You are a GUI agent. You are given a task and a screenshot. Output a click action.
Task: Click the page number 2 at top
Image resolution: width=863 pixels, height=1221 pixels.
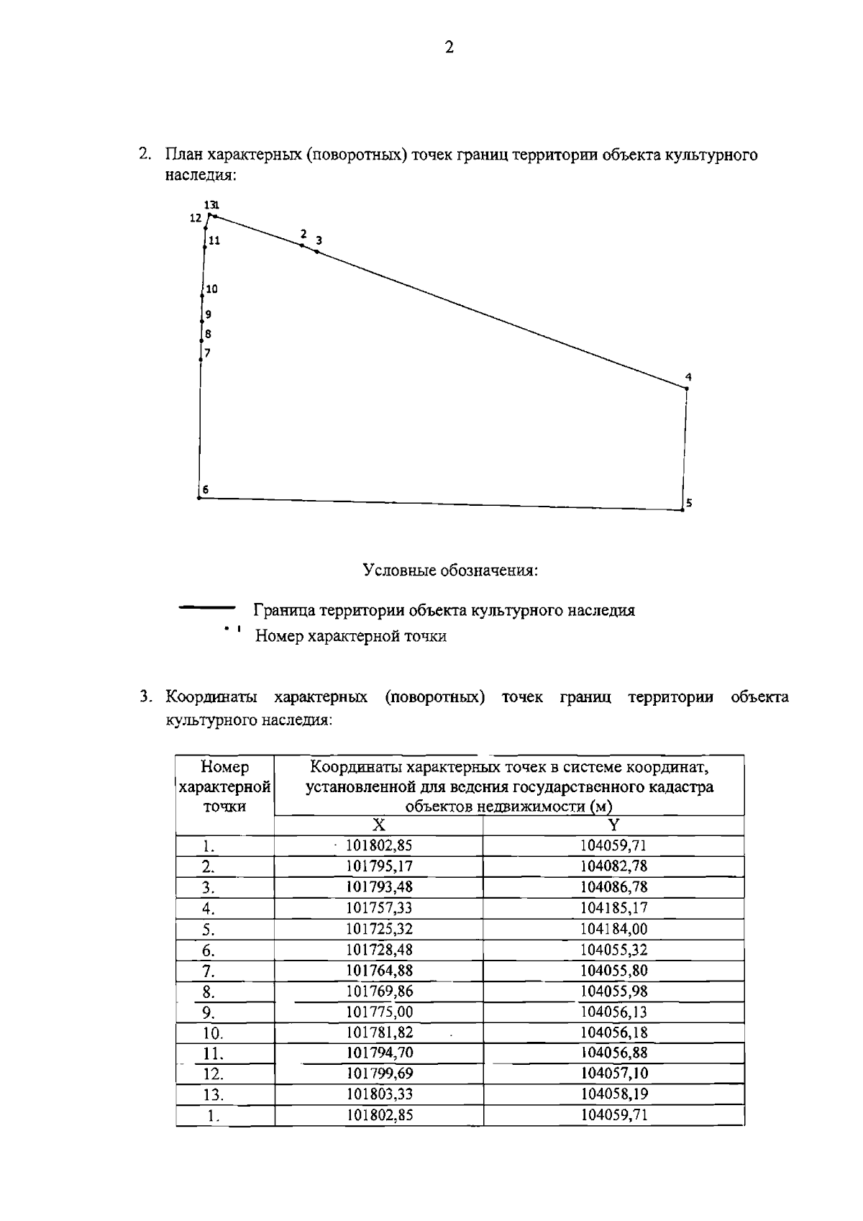(x=449, y=48)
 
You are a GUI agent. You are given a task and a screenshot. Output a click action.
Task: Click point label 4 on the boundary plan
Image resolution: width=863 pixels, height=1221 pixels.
(x=688, y=377)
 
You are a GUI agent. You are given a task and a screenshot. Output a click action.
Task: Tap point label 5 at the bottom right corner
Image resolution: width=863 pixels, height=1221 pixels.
(x=689, y=503)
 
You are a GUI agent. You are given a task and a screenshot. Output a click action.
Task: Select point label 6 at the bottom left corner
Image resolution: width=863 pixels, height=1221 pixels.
(x=206, y=489)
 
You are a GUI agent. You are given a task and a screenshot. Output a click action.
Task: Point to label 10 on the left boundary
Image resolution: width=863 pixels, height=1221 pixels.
(x=211, y=289)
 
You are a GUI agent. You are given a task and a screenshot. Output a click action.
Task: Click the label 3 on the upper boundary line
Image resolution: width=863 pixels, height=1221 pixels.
(x=319, y=240)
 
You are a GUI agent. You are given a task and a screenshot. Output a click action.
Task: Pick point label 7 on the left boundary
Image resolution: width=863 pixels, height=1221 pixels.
(x=207, y=353)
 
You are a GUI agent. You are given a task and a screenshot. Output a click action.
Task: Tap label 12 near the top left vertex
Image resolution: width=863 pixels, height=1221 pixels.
(x=196, y=218)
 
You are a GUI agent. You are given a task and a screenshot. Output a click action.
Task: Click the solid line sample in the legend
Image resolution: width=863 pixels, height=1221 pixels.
(x=207, y=609)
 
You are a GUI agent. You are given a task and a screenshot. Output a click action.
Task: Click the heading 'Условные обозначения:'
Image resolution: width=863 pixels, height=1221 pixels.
(x=450, y=571)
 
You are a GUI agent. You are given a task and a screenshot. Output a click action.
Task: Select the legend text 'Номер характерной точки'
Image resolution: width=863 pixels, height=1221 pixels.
(x=351, y=636)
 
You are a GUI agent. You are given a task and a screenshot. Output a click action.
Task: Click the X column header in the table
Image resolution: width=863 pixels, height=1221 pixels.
(x=378, y=825)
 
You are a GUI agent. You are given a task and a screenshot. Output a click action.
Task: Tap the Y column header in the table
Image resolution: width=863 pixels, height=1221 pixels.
(x=613, y=825)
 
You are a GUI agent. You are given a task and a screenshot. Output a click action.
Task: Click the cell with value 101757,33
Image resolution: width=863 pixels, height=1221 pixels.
(x=379, y=908)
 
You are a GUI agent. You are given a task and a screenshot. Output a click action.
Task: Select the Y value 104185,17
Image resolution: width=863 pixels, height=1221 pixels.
(x=613, y=908)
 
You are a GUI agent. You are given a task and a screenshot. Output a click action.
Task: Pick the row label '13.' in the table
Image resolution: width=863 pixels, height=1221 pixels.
(x=213, y=1096)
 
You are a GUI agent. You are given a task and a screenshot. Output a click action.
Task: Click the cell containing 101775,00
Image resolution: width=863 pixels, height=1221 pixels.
(x=379, y=1012)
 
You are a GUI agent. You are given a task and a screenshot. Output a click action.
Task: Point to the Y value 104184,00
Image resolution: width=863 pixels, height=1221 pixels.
(x=613, y=929)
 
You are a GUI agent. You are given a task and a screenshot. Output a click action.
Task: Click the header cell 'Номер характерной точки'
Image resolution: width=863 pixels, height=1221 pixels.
(x=224, y=786)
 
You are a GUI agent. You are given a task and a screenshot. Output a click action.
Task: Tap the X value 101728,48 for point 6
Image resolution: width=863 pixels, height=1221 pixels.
(x=379, y=950)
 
